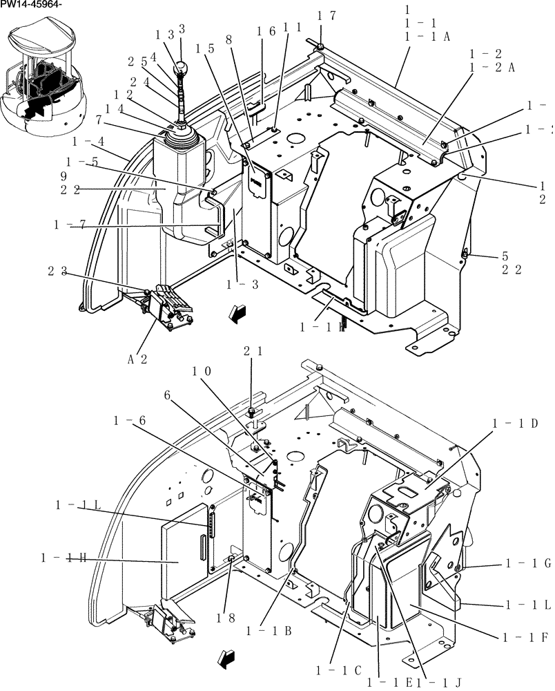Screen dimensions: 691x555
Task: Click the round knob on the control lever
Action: coord(181,67)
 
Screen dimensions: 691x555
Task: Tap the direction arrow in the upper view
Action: coord(238,315)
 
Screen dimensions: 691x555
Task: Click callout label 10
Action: coord(202,371)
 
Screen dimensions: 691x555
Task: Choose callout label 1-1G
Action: coord(527,564)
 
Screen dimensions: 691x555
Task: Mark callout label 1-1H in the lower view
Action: coord(64,558)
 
